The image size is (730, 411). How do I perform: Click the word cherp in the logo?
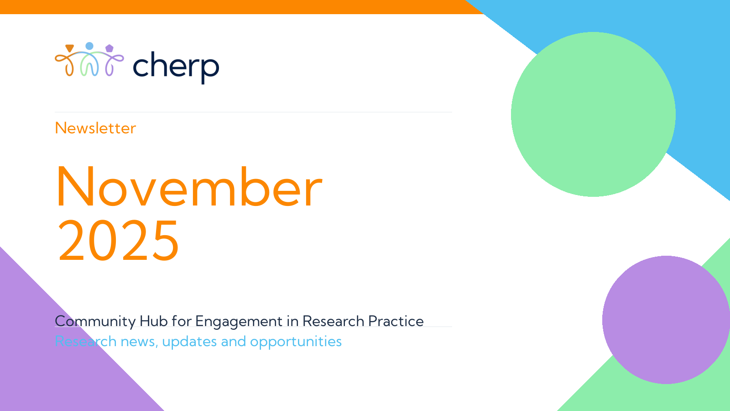coord(176,67)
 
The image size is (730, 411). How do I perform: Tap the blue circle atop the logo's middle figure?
coord(89,46)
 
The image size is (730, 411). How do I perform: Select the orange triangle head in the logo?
coord(70,48)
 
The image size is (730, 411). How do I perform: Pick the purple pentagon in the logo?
coord(109,48)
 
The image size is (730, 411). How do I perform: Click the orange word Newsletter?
coord(95,128)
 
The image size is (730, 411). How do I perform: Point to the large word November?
coord(189,187)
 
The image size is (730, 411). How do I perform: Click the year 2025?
coord(118,240)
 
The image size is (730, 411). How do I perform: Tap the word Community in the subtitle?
coord(95,321)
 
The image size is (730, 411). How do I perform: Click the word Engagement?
coord(239,321)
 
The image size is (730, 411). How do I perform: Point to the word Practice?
coord(396,321)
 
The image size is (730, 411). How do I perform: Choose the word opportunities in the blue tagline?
coord(296,342)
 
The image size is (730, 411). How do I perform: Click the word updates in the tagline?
coord(189,342)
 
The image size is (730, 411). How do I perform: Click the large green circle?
coord(593,114)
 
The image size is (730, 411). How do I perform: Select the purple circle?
coord(666,320)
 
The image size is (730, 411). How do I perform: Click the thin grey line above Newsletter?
coord(254,112)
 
